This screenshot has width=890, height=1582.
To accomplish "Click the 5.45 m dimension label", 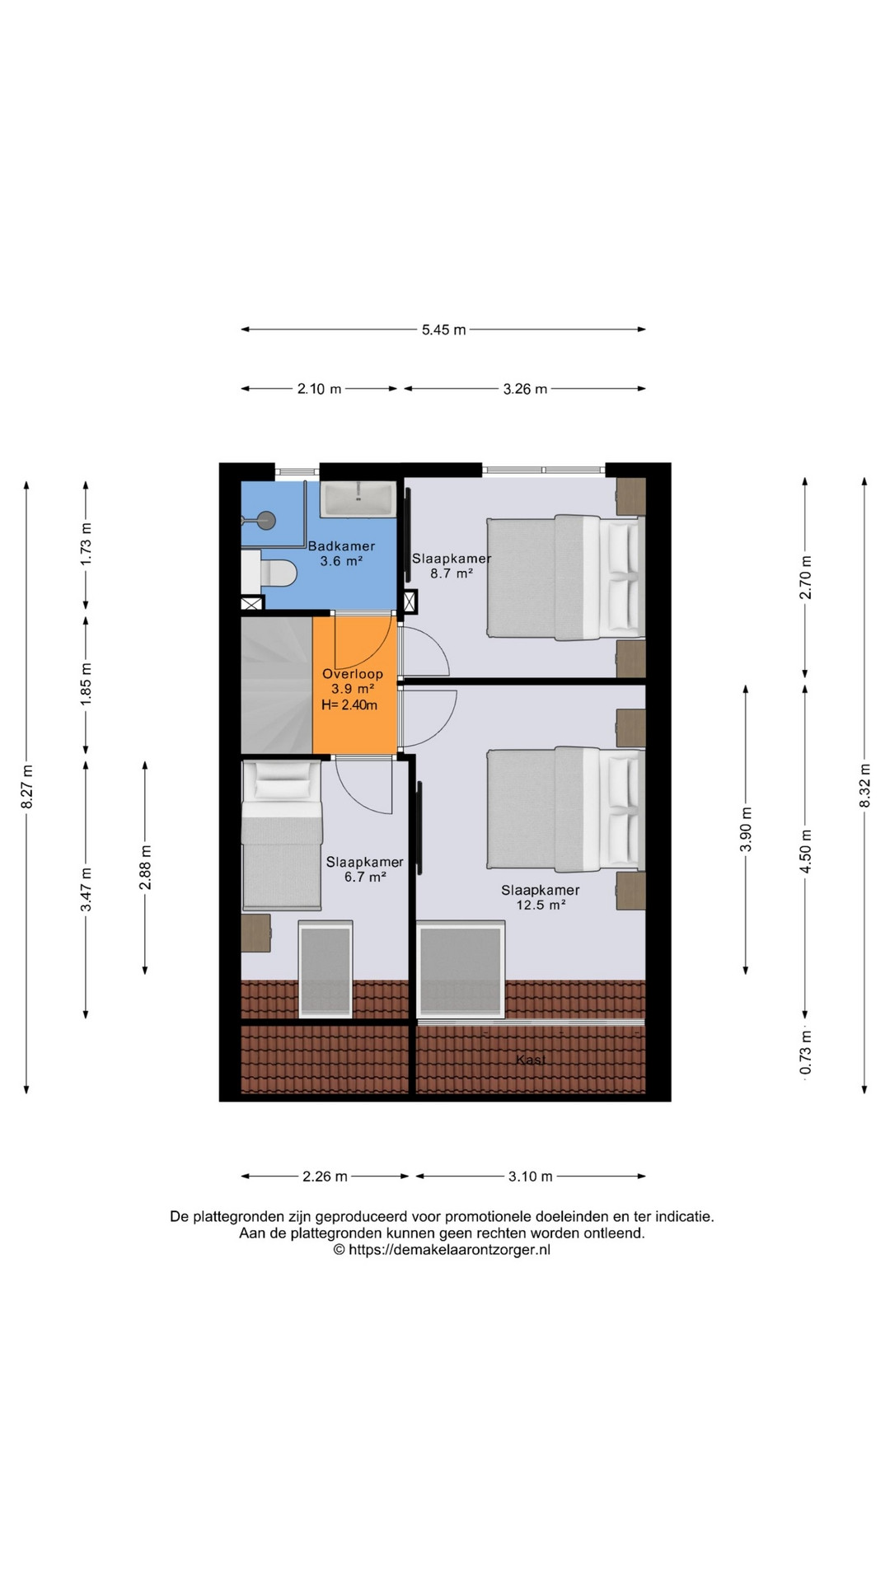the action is (x=443, y=330).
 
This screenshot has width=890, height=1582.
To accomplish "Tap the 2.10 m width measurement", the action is (x=319, y=389).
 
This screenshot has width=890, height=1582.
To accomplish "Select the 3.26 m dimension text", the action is (x=525, y=389).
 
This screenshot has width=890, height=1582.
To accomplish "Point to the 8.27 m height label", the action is (x=27, y=787).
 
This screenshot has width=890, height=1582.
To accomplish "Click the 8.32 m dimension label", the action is (x=864, y=786).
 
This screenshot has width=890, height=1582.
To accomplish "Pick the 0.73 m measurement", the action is (x=806, y=1053).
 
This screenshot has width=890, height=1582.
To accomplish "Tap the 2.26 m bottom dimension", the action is (x=325, y=1177).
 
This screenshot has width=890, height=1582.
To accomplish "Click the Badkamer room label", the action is (x=341, y=545).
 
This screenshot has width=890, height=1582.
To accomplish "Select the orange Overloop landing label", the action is (x=353, y=674).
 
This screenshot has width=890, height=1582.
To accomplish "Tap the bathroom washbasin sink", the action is (x=358, y=499).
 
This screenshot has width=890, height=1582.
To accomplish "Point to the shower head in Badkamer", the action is (x=265, y=519).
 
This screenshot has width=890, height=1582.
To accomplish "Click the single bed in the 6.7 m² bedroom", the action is (x=282, y=835).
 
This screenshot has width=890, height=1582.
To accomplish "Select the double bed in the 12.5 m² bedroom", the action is (x=565, y=808).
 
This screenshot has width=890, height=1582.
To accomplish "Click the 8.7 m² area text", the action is (x=452, y=573).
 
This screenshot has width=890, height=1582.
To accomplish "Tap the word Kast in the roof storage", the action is (x=531, y=1060).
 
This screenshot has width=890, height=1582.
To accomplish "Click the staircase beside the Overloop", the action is (x=277, y=686).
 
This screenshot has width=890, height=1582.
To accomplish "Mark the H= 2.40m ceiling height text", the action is (x=349, y=705).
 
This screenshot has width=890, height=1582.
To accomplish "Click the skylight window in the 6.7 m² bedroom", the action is (x=326, y=969).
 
